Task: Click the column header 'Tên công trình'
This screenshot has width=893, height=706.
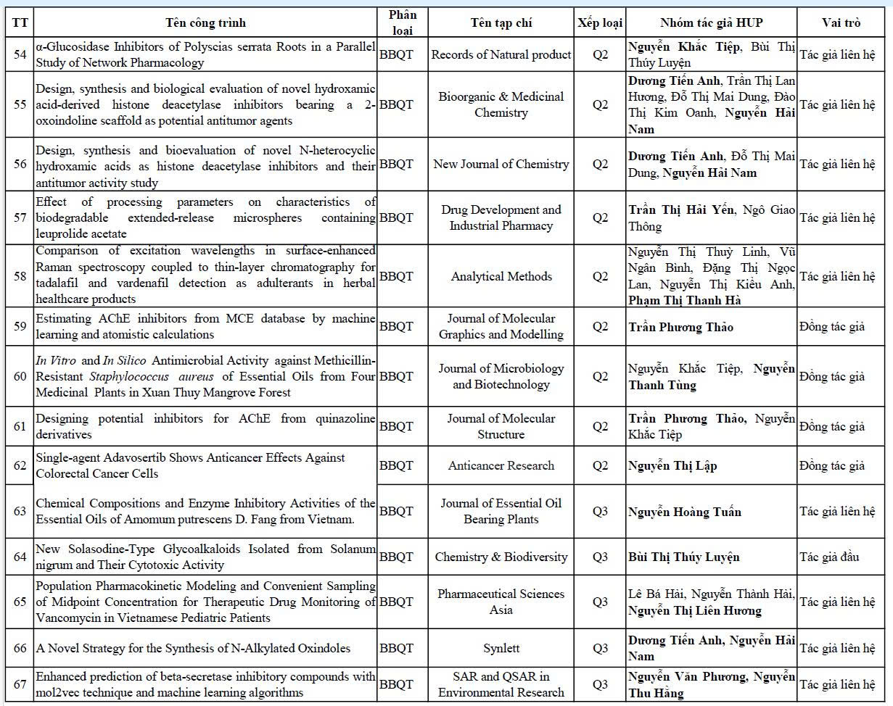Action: point(205,22)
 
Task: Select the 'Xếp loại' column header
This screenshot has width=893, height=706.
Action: point(600,22)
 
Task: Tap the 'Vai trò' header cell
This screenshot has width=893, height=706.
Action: point(841,22)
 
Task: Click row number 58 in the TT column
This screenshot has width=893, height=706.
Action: point(20,276)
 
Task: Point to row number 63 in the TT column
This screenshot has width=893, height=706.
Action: point(20,511)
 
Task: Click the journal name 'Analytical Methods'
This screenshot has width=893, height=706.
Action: point(501,276)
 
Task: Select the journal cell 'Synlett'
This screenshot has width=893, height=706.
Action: point(501,648)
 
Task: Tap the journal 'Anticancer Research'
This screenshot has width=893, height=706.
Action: point(501,465)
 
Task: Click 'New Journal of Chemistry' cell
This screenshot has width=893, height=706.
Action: point(501,164)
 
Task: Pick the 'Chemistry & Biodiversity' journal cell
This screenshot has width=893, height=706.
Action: point(501,557)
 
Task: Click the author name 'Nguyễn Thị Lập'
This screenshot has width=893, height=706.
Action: point(672,465)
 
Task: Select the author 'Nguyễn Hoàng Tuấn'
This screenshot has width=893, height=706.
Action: point(684,512)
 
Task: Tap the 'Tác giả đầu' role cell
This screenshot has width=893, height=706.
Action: point(829,557)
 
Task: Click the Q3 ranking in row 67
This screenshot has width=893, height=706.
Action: point(600,684)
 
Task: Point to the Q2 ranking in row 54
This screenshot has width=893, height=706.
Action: point(600,54)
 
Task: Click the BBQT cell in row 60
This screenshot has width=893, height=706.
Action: point(396,376)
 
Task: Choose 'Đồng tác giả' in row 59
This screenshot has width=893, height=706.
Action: point(832,326)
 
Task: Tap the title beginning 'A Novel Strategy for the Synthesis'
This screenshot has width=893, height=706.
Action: point(193,648)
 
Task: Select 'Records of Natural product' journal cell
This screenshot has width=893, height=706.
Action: point(501,54)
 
